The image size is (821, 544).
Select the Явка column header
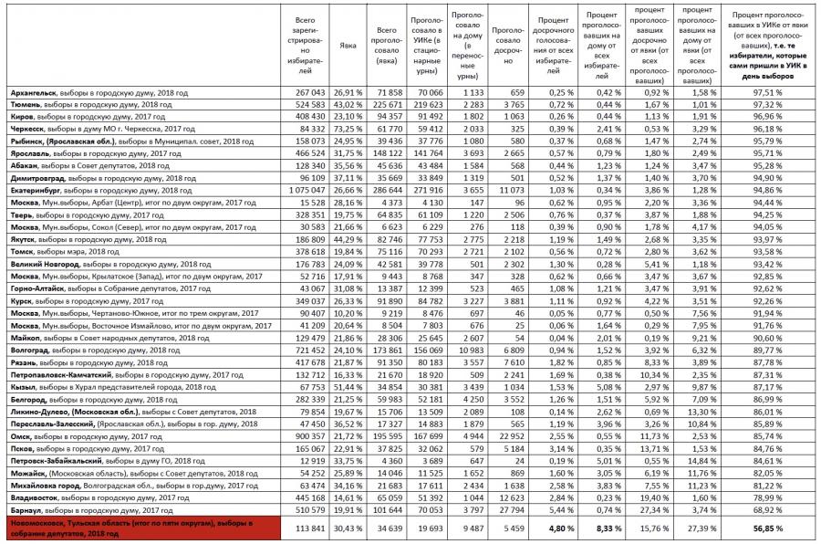(x=347, y=45)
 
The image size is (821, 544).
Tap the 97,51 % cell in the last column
(x=768, y=93)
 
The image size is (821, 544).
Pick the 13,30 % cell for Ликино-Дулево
(x=701, y=412)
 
